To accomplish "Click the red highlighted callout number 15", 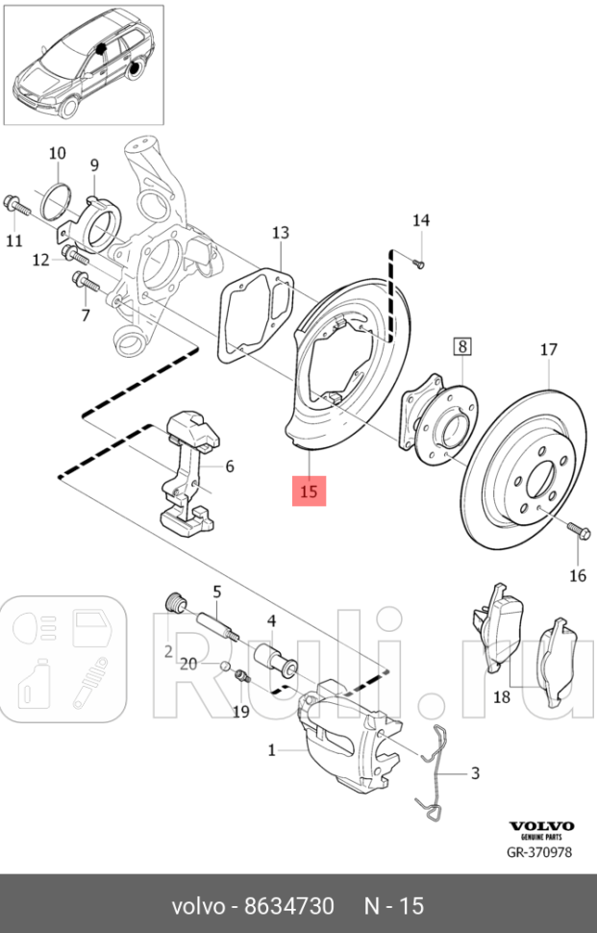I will (x=310, y=491).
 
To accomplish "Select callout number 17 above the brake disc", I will (x=548, y=350).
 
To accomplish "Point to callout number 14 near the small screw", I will (x=420, y=220).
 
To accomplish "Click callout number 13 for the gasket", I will (x=280, y=233).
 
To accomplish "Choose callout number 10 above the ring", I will (x=57, y=153).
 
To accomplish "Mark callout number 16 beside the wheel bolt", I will (x=577, y=576).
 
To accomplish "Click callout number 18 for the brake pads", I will (x=502, y=696).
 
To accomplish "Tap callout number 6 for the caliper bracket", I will (x=230, y=467).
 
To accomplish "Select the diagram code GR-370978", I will (x=540, y=852).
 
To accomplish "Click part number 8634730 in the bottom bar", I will (x=289, y=907).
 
